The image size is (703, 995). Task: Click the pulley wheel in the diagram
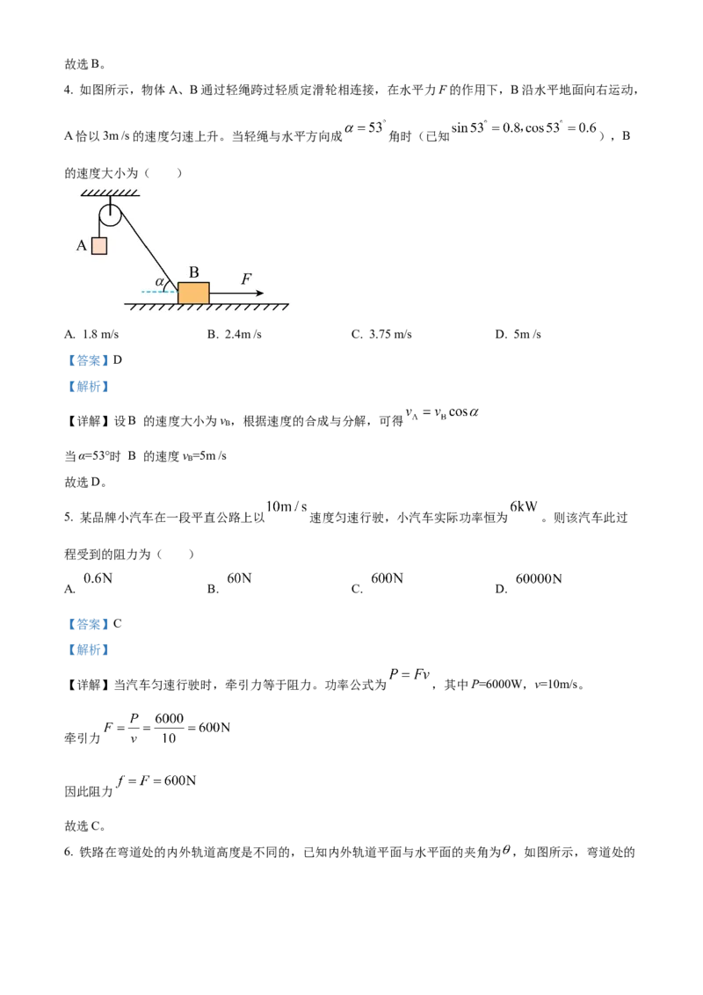pos(111,215)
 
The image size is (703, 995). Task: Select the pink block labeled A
pos(99,245)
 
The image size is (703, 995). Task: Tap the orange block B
pos(193,294)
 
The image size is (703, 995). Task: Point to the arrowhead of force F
pos(259,294)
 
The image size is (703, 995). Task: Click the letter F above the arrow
pos(246,279)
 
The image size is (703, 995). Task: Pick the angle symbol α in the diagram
pos(160,282)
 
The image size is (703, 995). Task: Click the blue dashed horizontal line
pos(159,292)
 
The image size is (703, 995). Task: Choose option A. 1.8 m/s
pos(91,334)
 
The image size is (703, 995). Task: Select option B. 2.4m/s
pos(234,334)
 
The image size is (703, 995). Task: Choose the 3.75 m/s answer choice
pos(382,334)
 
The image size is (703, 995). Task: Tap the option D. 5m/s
pos(518,334)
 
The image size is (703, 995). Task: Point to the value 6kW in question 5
pos(524,506)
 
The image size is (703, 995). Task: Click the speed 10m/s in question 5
pos(286,506)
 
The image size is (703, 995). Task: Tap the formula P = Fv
pos(409,674)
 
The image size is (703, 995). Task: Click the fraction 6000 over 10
pos(169,728)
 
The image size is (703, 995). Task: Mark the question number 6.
pos(69,853)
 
